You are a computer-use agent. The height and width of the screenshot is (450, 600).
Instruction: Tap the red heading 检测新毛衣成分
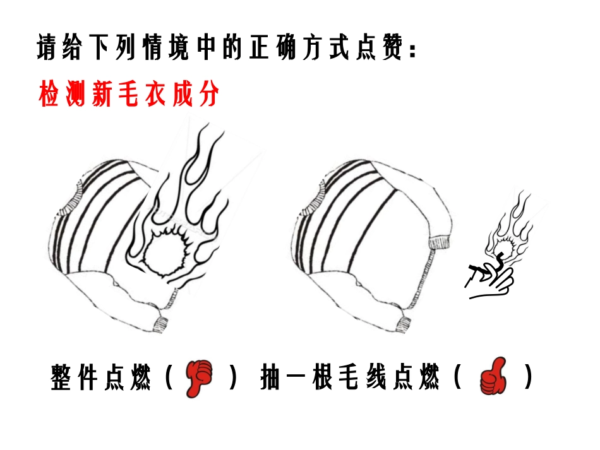129,95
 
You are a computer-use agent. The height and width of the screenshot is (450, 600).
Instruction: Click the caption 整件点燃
102,379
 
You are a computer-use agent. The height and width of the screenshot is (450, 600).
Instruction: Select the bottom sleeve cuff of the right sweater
405,324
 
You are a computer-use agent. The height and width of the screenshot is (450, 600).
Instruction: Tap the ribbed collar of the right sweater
313,201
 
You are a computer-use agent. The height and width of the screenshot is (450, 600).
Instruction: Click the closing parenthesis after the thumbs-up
528,379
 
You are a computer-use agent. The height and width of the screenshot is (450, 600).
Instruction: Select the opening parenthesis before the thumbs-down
170,379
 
